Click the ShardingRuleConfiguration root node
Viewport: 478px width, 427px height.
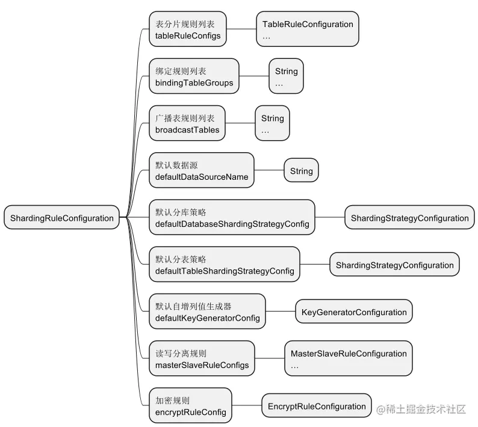tap(61, 218)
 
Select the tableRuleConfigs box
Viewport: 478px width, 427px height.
tap(187, 29)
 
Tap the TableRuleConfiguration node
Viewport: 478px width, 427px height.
tap(308, 29)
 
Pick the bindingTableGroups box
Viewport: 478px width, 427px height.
tap(194, 76)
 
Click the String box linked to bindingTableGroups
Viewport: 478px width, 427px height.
tap(287, 76)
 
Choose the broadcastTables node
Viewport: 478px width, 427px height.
tap(187, 123)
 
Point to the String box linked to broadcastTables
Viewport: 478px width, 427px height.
tap(273, 123)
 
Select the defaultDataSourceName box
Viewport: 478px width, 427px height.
tap(202, 170)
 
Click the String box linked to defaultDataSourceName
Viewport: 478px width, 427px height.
tap(301, 171)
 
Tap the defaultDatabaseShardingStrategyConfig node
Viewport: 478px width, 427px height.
tap(232, 218)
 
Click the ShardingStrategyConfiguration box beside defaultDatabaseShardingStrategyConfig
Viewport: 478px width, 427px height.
tap(409, 218)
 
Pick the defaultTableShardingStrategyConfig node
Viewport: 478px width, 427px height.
tap(225, 265)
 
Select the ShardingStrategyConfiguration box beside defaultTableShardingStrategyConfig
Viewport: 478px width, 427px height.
tap(394, 265)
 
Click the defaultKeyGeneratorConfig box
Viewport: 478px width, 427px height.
tap(207, 312)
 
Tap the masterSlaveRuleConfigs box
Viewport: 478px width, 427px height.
tap(202, 358)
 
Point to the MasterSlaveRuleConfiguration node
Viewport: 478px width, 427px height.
tap(349, 358)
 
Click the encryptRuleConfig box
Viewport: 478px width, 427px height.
tap(190, 405)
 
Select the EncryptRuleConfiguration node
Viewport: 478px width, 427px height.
tap(317, 406)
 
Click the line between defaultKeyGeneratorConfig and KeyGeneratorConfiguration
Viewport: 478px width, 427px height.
tap(280, 312)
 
